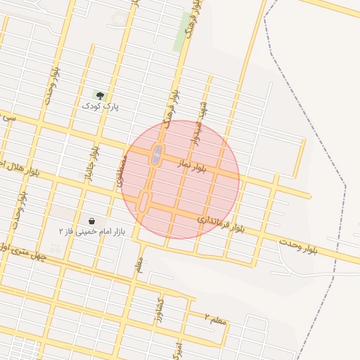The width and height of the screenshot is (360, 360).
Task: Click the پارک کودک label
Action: [x=101, y=106]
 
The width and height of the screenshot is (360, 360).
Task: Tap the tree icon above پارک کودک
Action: [x=99, y=95]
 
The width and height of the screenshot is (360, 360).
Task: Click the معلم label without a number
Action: [x=140, y=264]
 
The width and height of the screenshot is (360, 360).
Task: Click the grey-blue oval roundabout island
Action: [x=156, y=155]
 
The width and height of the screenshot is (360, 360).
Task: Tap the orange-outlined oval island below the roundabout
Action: [x=144, y=202]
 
